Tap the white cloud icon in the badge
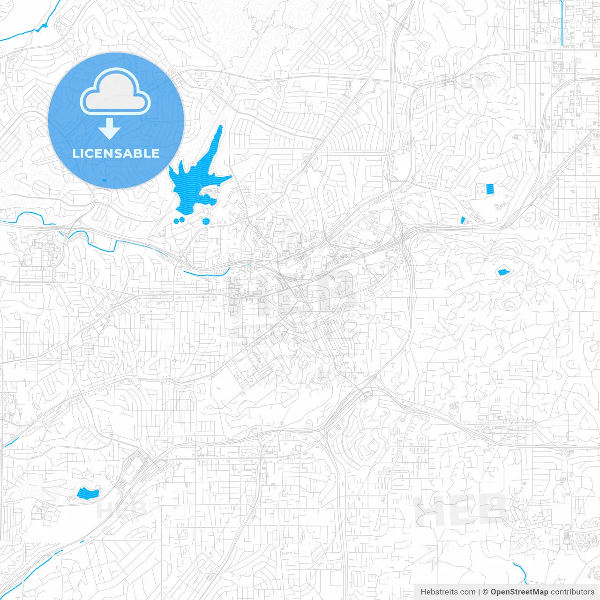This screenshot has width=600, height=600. click(x=115, y=91)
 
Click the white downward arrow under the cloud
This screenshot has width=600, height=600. click(x=109, y=129)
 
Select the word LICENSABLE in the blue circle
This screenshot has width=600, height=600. click(x=116, y=153)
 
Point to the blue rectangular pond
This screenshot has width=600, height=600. click(x=490, y=189)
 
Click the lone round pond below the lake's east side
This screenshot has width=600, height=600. click(x=206, y=221)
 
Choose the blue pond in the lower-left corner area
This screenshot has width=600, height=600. click(x=88, y=493)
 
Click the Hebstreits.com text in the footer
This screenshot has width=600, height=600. click(x=448, y=592)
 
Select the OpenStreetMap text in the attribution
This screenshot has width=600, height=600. click(x=519, y=592)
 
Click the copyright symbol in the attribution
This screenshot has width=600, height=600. click(x=485, y=592)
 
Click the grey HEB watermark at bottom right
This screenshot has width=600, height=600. click(x=462, y=511)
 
